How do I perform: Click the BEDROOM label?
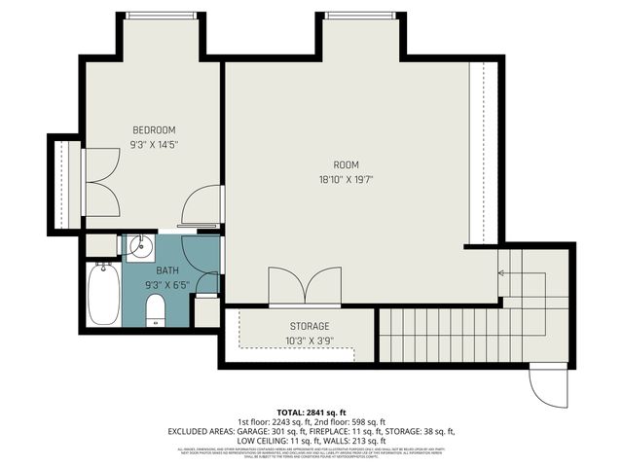tap(154, 130)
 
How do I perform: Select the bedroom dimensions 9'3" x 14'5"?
tap(154, 144)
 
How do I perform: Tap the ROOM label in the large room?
tap(346, 164)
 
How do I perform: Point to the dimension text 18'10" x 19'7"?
tap(346, 179)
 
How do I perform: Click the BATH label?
tap(167, 271)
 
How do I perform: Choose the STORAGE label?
tap(310, 326)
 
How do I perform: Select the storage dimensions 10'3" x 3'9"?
tap(310, 341)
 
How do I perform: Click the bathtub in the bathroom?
tap(102, 295)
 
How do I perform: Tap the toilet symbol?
tap(154, 310)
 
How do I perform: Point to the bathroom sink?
tap(140, 243)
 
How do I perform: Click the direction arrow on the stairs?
tap(502, 273)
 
